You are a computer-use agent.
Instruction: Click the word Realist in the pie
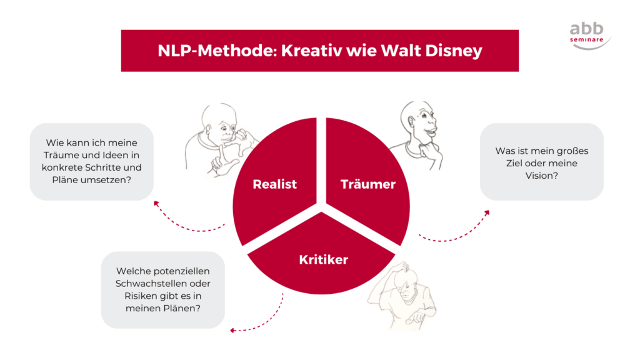(274, 184)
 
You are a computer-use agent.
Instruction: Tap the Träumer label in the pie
(368, 184)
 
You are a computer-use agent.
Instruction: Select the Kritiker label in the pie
(323, 259)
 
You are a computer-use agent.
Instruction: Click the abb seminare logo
(589, 35)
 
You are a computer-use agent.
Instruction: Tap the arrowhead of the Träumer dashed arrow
(487, 213)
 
